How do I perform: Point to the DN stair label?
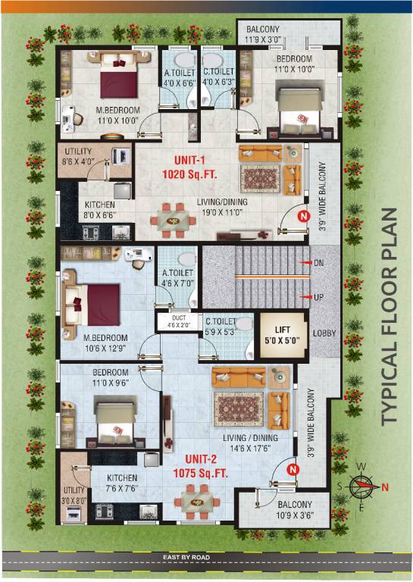(x=318, y=263)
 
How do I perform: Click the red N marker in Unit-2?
(x=293, y=471)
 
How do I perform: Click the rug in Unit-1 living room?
(x=261, y=178)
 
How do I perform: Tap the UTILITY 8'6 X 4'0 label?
(x=79, y=156)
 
